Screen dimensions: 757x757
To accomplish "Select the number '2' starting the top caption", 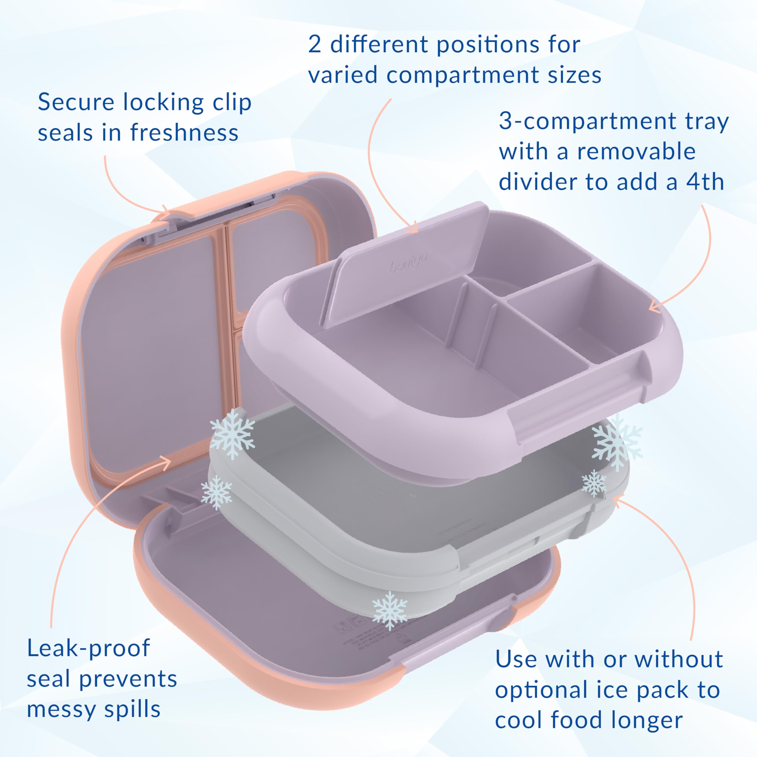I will pos(315,45).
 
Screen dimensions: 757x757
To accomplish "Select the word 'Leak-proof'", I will pos(88,648).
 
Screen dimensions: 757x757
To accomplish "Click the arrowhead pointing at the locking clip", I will pos(166,212).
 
